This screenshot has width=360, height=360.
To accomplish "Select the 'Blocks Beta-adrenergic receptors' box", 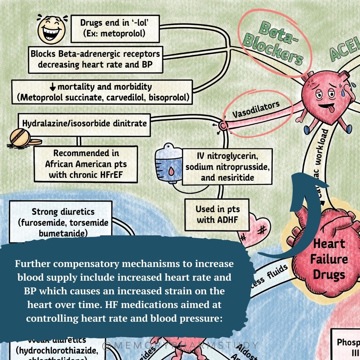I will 95,59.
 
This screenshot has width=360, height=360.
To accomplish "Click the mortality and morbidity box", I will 102,92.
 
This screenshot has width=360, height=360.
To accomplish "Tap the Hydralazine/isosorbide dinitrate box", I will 85,123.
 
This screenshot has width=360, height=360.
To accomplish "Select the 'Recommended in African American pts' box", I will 86,164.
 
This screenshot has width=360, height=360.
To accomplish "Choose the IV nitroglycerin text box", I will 227,166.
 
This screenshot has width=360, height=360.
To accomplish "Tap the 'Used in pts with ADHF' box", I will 218,214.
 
